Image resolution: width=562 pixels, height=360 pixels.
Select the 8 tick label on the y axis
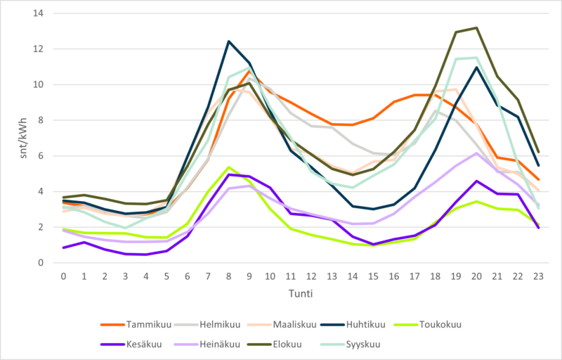tap(41, 120)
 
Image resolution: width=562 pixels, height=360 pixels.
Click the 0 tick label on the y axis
tap(41, 263)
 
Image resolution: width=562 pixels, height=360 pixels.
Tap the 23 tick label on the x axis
tap(538, 276)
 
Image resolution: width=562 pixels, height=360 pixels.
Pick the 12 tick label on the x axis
tap(311, 276)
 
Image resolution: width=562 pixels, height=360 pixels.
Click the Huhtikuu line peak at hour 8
tap(228, 41)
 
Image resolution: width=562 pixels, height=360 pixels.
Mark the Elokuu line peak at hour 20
tap(476, 28)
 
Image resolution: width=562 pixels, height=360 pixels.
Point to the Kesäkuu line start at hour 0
tap(63, 247)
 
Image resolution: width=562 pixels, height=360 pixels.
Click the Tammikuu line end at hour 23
tap(538, 180)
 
